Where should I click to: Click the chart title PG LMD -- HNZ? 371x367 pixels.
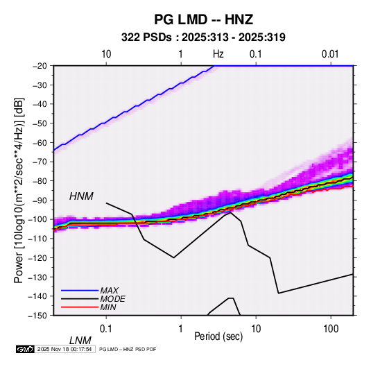[203, 19]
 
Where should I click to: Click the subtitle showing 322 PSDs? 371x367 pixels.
[203, 37]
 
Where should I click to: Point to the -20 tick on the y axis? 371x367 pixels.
[40, 66]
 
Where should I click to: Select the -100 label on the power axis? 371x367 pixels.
[37, 219]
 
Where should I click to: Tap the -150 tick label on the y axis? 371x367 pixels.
[37, 316]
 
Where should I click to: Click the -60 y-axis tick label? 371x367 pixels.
[40, 142]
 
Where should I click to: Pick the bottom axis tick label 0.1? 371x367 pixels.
[106, 329]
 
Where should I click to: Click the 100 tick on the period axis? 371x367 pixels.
[331, 329]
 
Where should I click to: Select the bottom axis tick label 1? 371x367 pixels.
[181, 329]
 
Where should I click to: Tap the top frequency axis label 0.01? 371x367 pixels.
[330, 54]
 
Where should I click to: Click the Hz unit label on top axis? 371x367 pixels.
[218, 54]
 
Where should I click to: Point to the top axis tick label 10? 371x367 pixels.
[106, 54]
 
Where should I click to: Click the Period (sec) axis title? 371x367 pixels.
[218, 336]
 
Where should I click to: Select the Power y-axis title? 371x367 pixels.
[19, 190]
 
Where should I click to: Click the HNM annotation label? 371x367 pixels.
[81, 196]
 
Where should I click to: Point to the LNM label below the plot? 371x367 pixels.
[80, 341]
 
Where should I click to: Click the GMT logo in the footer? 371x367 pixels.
[26, 349]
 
